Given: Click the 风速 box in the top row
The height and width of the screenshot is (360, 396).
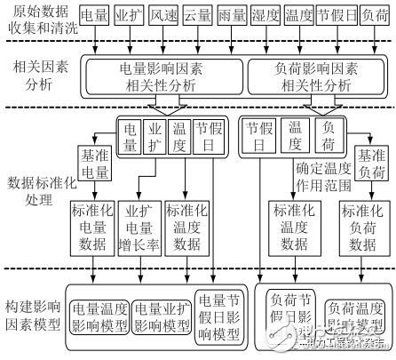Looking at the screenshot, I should tap(164, 18).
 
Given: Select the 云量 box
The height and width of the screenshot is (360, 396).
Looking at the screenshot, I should tap(200, 18).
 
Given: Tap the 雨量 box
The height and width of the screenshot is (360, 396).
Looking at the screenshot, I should tap(235, 18).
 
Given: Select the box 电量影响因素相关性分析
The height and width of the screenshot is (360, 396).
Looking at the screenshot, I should tap(162, 76).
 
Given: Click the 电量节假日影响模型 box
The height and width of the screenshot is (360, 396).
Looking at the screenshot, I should tap(218, 317).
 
